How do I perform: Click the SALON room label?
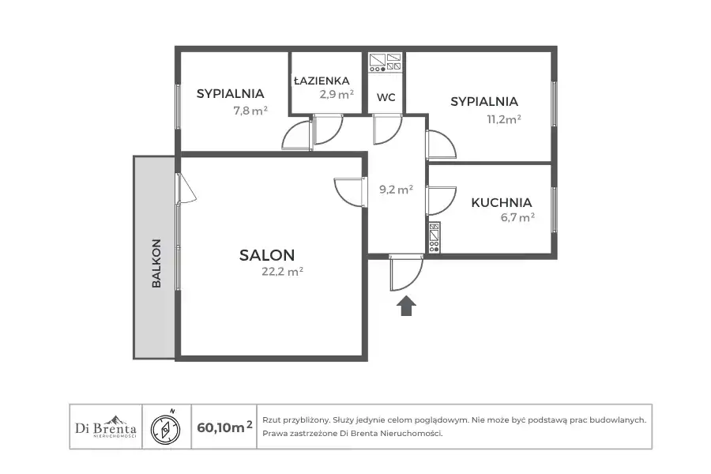point(267,255)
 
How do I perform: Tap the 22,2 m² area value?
point(282,271)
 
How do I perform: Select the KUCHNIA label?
point(501,202)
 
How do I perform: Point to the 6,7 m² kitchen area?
point(517,217)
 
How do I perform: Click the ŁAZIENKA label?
point(322,81)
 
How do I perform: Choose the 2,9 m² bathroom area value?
point(337,94)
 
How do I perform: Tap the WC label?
point(386,97)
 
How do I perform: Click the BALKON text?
point(156,263)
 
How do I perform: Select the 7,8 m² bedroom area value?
point(250,111)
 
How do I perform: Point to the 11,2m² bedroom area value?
point(504,119)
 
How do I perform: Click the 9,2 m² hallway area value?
point(396,189)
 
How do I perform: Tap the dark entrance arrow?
point(406,306)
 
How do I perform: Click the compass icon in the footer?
point(166,427)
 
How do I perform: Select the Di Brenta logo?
point(106,427)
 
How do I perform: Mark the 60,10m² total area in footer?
point(225,427)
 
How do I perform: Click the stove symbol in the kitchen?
point(434,237)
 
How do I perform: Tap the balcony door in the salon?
point(186,187)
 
